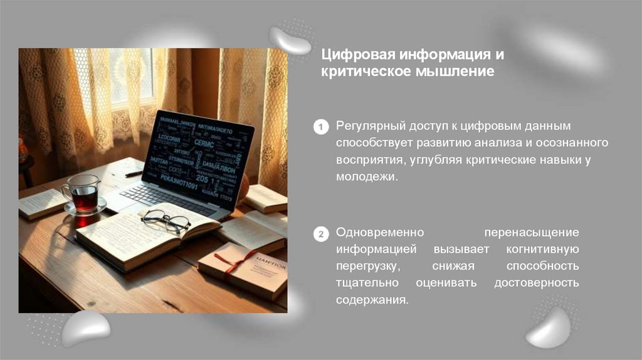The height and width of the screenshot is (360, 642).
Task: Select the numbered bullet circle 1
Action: pos(320,127)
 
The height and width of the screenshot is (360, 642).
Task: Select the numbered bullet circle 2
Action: pos(320,235)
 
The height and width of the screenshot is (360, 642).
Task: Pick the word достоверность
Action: pos(536,283)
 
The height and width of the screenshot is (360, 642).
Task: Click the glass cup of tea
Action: pos(82,196)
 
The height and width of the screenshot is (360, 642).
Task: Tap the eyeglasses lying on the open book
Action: pos(166,220)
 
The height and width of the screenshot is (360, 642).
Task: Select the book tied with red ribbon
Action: pos(244,268)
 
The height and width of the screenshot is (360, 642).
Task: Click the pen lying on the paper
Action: pos(134,174)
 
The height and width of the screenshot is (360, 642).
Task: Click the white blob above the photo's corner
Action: pos(290,40)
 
